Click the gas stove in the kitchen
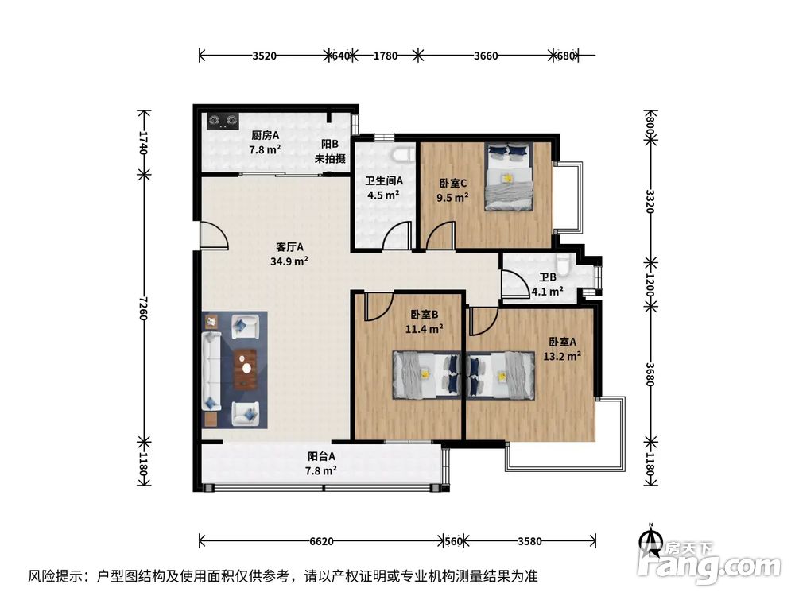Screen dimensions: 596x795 (x=223, y=121)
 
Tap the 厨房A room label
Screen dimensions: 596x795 (x=264, y=135)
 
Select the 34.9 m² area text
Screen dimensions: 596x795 (x=290, y=260)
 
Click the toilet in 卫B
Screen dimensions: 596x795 (x=564, y=265)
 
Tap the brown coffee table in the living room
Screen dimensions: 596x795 (x=246, y=370)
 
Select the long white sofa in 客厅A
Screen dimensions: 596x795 (x=211, y=369)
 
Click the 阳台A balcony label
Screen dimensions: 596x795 (x=321, y=456)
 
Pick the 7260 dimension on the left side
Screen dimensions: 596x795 (x=143, y=305)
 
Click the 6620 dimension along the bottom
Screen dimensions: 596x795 (x=320, y=541)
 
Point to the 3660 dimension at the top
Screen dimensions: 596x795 (x=485, y=56)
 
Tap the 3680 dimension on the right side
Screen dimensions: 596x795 (x=650, y=373)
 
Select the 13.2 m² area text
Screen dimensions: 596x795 (x=563, y=355)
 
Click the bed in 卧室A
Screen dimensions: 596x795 (x=502, y=373)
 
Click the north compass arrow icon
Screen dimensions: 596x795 (x=651, y=543)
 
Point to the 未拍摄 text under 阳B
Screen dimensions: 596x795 (x=330, y=159)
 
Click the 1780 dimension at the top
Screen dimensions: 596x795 (x=385, y=56)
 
